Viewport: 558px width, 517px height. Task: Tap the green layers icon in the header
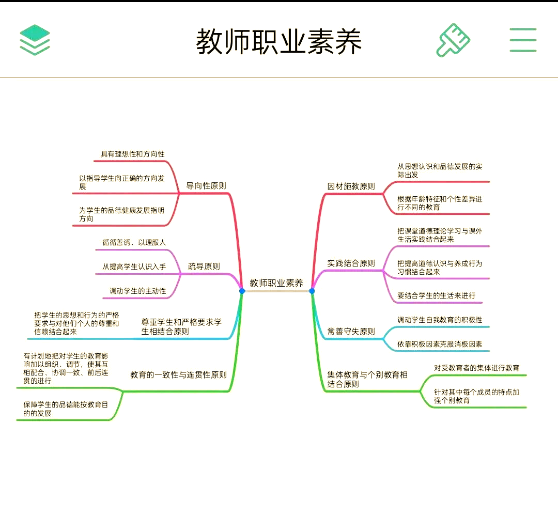(35, 40)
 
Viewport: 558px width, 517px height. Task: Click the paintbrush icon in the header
(454, 40)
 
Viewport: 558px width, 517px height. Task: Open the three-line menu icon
(523, 40)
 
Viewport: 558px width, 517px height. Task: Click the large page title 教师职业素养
(279, 41)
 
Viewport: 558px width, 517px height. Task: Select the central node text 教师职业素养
(276, 283)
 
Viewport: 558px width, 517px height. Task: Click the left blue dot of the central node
(242, 291)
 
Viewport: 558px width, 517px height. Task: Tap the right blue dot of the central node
(312, 291)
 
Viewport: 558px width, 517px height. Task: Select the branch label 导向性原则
(206, 186)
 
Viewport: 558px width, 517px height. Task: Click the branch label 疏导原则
(204, 267)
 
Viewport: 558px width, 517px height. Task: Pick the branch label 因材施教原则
(351, 186)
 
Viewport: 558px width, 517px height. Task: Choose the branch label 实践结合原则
(351, 263)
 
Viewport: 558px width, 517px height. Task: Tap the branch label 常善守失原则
(351, 332)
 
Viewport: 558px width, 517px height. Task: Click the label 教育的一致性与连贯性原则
(178, 375)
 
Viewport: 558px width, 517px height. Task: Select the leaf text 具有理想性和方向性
(133, 154)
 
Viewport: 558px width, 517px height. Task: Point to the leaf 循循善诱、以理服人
(134, 242)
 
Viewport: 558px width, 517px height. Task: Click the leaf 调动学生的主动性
(138, 291)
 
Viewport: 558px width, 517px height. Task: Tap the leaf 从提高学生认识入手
(134, 267)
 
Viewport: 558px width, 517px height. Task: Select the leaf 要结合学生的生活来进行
(436, 296)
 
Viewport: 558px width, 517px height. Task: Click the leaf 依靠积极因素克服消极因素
(440, 344)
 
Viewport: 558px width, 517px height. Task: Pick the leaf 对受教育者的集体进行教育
(476, 368)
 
